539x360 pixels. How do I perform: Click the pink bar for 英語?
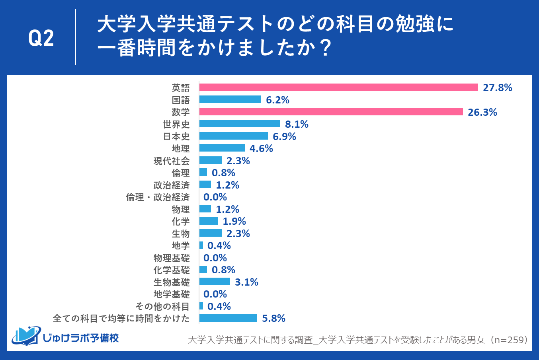338,88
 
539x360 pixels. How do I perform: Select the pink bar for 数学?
331,112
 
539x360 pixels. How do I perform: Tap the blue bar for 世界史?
240,124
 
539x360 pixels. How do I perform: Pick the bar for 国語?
230,99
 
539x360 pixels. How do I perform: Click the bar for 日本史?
234,136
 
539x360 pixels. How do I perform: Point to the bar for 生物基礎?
215,282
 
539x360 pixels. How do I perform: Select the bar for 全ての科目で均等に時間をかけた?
228,318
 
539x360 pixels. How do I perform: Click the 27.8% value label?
497,88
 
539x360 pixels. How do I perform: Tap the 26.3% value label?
482,112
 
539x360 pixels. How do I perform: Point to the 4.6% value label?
261,148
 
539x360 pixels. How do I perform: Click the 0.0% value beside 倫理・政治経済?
215,197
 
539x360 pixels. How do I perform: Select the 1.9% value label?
234,221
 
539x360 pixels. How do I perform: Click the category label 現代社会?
172,161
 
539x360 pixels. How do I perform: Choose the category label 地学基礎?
172,294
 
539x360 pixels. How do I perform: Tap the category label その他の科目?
162,306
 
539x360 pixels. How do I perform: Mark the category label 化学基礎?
172,270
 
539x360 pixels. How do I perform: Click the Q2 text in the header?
41,38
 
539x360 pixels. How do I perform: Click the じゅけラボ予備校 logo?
66,337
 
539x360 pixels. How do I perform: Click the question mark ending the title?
325,49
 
